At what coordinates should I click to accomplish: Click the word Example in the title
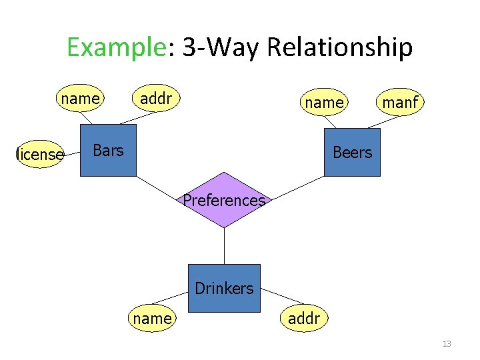tap(115, 48)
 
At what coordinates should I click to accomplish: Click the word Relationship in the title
tap(339, 48)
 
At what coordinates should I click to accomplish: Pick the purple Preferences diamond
tap(224, 200)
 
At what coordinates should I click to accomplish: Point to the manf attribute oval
tap(399, 102)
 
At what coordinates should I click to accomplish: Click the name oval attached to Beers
tap(324, 102)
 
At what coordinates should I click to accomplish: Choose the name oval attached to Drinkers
tap(153, 319)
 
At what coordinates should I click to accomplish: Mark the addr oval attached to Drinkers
tap(304, 319)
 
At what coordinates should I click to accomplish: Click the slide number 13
tap(447, 344)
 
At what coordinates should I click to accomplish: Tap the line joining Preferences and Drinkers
tap(224, 247)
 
